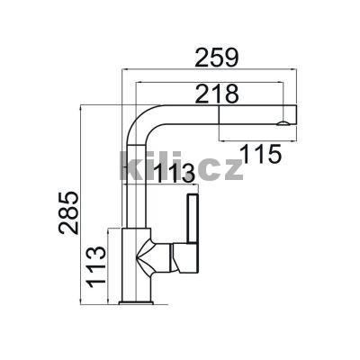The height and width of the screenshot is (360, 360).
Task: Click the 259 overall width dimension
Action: click(217, 58)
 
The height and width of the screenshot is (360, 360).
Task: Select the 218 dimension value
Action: click(217, 94)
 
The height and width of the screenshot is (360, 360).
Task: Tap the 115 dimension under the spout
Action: click(261, 154)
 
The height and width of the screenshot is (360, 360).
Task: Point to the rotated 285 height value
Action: click(68, 212)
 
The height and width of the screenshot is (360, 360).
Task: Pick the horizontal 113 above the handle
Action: click(175, 174)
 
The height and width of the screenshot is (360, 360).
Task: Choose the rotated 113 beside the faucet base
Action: click(96, 267)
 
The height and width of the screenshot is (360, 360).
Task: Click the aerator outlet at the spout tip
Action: click(283, 123)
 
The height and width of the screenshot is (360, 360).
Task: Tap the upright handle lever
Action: click(193, 219)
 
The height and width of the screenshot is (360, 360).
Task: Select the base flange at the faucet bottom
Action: click(136, 302)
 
